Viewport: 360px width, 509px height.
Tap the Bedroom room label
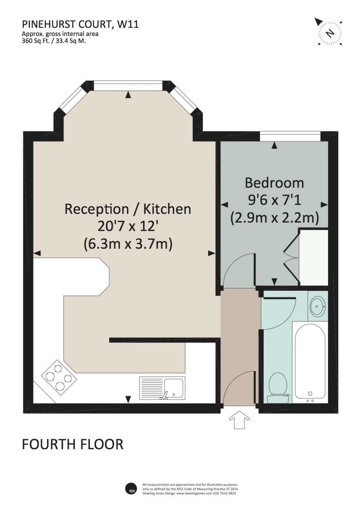click(x=274, y=183)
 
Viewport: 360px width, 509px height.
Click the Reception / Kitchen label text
click(x=128, y=209)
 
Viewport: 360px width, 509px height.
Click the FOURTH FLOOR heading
click(x=72, y=444)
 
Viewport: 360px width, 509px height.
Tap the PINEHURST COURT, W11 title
click(x=80, y=24)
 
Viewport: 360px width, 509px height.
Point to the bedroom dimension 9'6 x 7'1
click(x=274, y=200)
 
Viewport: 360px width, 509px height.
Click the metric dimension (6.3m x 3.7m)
click(x=128, y=244)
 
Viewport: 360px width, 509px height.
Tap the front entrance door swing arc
click(x=238, y=387)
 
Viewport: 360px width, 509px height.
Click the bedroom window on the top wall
click(x=290, y=136)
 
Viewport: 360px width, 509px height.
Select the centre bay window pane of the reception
click(x=128, y=86)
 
